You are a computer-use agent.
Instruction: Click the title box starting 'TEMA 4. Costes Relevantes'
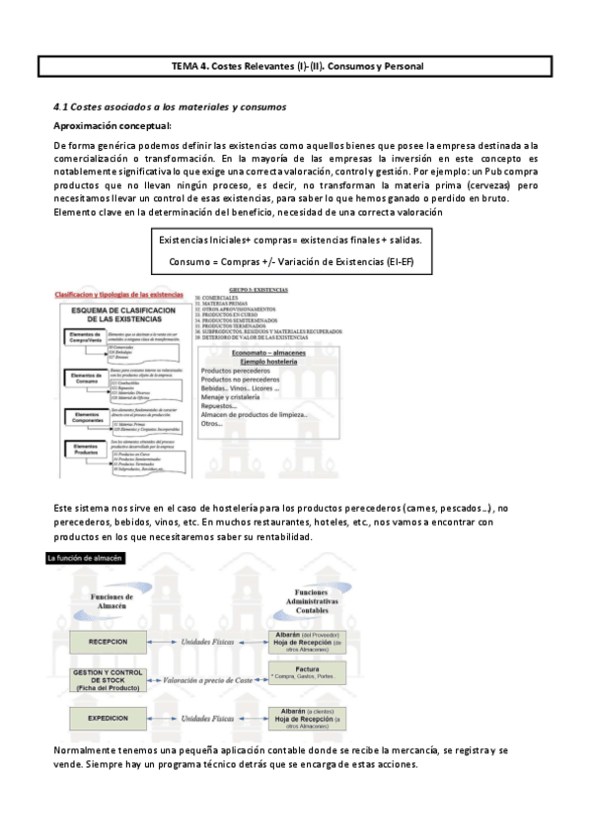click(295, 66)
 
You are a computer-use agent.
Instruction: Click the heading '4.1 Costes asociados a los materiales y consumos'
click(170, 105)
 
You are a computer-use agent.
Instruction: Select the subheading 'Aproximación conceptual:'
click(111, 125)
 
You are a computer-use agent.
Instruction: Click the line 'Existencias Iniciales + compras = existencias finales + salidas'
click(294, 241)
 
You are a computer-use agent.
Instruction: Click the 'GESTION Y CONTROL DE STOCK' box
click(107, 679)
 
